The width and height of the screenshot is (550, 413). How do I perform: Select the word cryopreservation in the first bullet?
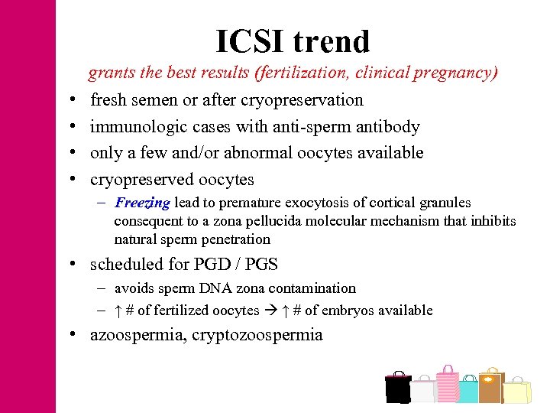(x=302, y=100)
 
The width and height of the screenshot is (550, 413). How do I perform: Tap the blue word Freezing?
(x=142, y=203)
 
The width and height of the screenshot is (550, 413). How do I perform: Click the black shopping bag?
(x=397, y=387)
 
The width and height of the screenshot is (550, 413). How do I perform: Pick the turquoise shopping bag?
(x=468, y=390)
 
